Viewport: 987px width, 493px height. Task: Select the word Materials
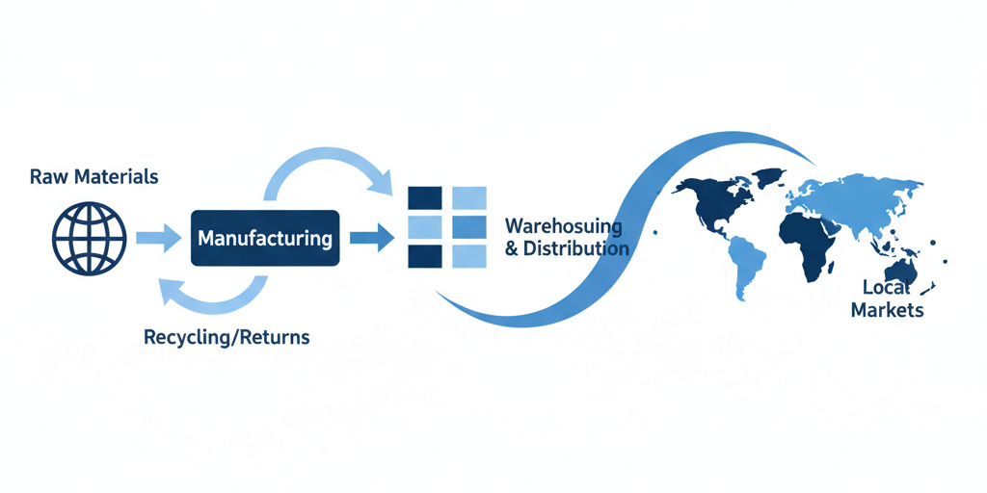pos(117,177)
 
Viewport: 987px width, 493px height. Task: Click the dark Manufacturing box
pos(264,237)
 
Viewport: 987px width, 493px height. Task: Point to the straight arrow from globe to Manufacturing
pos(158,237)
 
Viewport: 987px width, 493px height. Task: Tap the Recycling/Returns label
pos(227,338)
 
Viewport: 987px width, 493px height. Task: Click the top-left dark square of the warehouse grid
pos(424,196)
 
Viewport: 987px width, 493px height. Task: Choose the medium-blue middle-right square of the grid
pos(468,227)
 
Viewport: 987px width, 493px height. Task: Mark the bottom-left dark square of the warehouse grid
pos(424,256)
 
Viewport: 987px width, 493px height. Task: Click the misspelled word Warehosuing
pos(563,227)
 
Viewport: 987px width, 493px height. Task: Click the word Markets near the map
pos(893,309)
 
